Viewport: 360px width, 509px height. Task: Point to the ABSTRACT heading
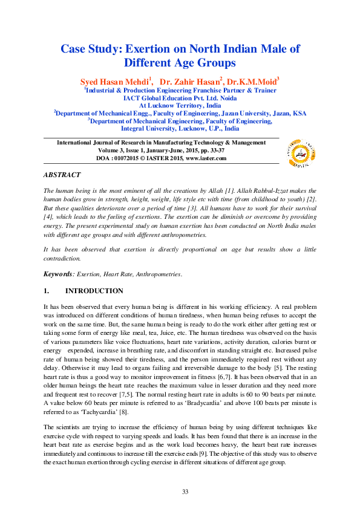pyautogui.click(x=62, y=175)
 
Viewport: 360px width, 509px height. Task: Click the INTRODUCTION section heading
pyautogui.click(x=94, y=291)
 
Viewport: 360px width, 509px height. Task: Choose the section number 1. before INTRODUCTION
pyautogui.click(x=46, y=291)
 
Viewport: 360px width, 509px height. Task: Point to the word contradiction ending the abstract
pyautogui.click(x=61, y=258)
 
